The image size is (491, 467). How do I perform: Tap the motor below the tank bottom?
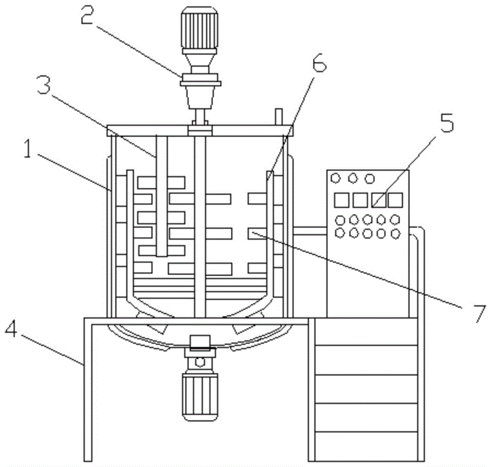200,396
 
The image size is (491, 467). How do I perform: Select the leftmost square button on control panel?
341,200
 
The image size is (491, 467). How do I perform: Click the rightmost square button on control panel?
395,200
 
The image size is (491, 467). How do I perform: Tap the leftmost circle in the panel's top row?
337,178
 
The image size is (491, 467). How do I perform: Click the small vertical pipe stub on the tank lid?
278,117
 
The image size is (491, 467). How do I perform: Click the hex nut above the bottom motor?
200,362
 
